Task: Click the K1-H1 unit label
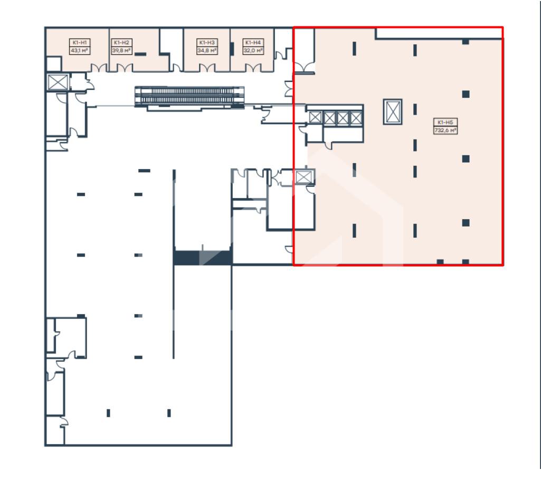[79, 43]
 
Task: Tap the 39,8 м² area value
[121, 50]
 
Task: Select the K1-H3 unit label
[207, 43]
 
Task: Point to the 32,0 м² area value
[253, 50]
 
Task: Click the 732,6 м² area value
[445, 130]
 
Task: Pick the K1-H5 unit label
[445, 122]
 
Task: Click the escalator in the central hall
[189, 96]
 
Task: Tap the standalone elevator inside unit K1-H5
[393, 112]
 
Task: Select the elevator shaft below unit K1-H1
[58, 82]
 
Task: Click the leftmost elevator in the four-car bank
[315, 118]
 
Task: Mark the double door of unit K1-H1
[99, 68]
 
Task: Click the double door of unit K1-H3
[207, 68]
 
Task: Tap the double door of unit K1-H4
[253, 68]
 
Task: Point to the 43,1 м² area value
[79, 50]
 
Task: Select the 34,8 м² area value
[207, 50]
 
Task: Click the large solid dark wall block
[203, 258]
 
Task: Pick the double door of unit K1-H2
[125, 68]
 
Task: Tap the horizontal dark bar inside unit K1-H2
[140, 54]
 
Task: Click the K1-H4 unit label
[253, 43]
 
